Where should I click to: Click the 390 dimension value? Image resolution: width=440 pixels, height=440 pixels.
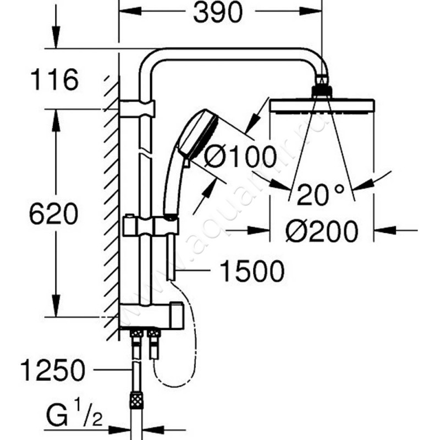(x=218, y=14)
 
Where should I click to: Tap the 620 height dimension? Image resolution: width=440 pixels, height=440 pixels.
(x=53, y=215)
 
